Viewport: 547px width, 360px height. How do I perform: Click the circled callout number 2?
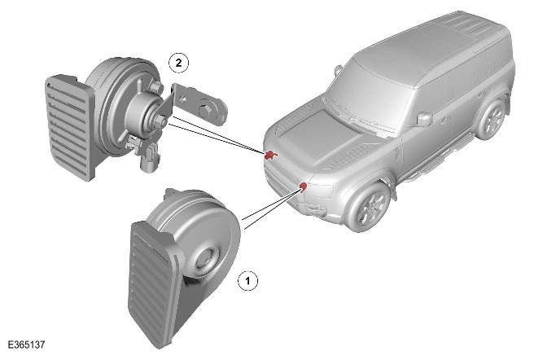tap(178, 63)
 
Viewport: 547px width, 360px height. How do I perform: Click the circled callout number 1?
tap(247, 280)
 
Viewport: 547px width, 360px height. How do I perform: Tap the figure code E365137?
tap(27, 345)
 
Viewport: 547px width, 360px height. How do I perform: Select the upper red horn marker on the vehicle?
tap(271, 155)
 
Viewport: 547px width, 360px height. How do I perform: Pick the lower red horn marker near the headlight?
tap(304, 187)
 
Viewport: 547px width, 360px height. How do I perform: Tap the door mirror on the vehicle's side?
tap(425, 119)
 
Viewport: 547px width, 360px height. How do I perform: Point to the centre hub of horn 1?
tap(207, 259)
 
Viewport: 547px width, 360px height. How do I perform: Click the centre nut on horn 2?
tap(161, 121)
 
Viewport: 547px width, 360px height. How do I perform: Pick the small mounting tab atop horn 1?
tap(172, 193)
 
